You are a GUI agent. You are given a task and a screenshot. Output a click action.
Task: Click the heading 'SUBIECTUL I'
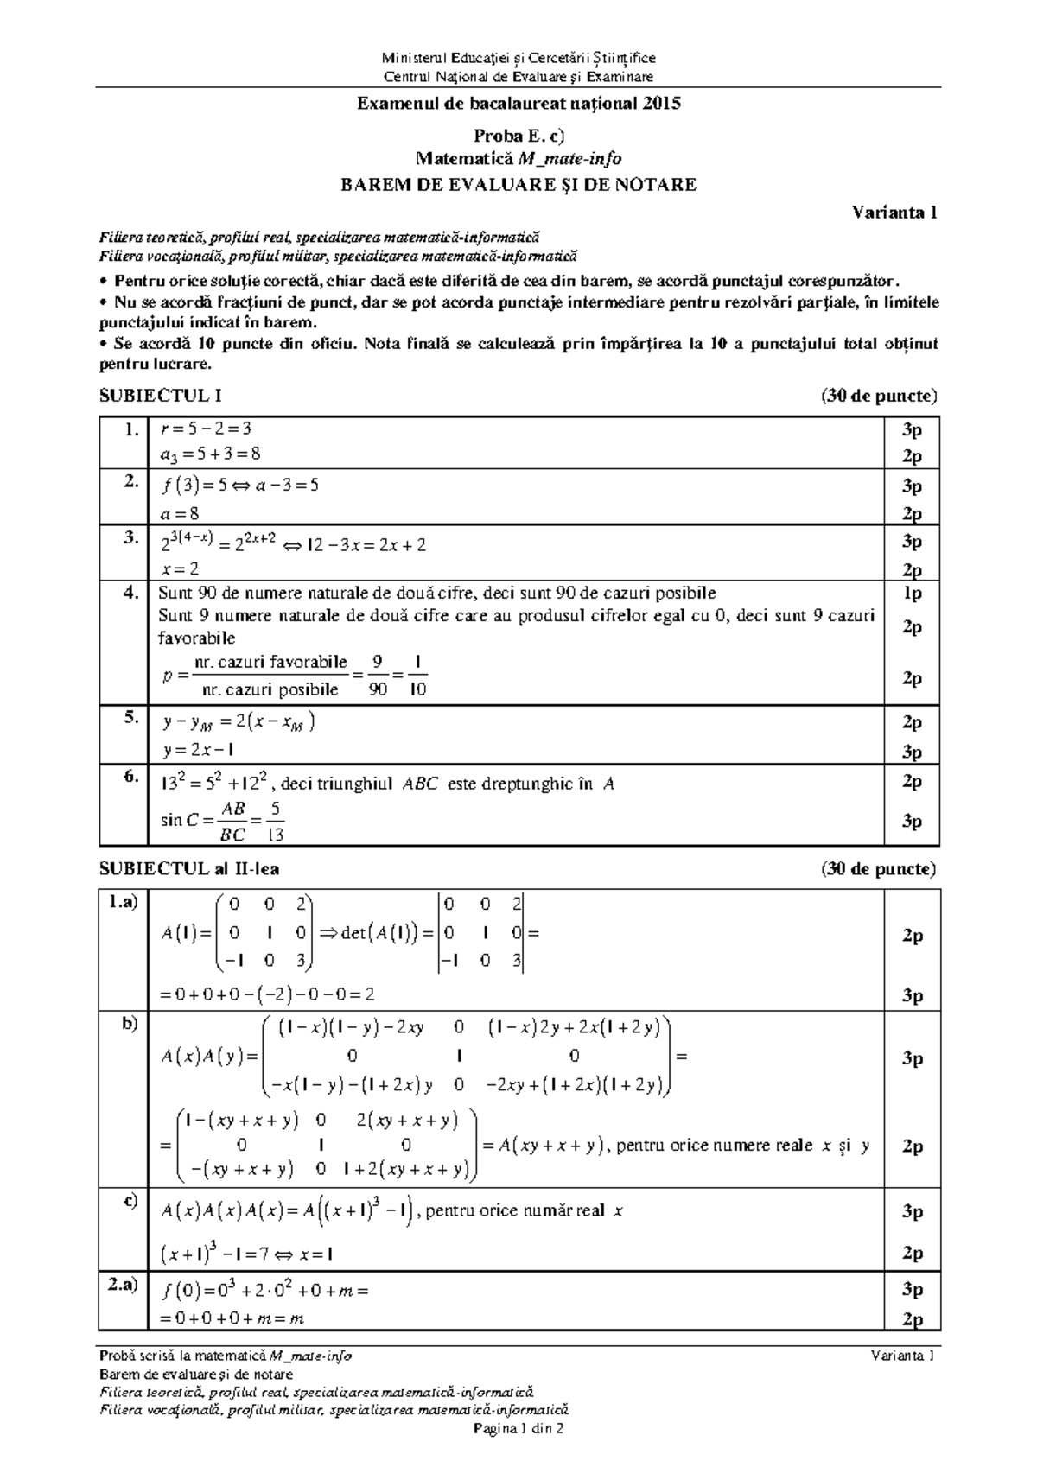161,396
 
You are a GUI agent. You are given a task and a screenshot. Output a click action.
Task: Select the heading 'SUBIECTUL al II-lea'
189,868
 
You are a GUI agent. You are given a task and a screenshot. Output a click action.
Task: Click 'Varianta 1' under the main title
895,212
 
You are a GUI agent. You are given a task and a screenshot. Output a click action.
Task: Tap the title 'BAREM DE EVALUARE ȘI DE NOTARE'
518,184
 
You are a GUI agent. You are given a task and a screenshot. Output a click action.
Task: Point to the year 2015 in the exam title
660,104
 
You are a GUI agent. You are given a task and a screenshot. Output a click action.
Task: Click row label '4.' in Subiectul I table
130,594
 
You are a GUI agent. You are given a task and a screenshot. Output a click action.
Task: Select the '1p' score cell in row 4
912,594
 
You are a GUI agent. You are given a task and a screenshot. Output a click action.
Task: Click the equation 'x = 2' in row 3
179,569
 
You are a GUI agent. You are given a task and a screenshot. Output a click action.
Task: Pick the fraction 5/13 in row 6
276,821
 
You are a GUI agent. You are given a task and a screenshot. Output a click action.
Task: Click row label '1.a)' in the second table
123,904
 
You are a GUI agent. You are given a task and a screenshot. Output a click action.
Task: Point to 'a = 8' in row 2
180,513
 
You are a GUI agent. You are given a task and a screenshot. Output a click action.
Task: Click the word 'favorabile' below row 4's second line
196,638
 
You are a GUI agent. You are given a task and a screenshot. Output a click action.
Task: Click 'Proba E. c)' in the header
518,136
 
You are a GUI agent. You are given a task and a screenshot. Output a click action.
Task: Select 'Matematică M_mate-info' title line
518,159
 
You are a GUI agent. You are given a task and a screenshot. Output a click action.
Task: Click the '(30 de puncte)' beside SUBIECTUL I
878,396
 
